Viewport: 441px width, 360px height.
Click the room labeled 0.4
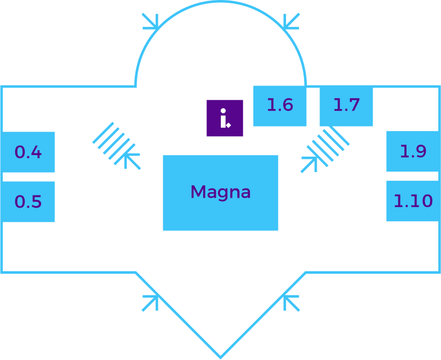[28, 152]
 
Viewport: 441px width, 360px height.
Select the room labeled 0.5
[28, 202]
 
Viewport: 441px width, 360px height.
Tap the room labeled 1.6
[279, 106]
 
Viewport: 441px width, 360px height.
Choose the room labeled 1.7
[346, 106]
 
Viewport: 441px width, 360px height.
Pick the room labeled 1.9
[413, 151]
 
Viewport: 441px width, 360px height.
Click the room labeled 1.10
[413, 201]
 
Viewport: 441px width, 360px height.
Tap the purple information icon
[225, 118]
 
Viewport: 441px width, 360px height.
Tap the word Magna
[220, 192]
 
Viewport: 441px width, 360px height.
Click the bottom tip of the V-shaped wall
[220, 357]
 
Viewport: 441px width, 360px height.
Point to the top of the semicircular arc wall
[220, 2]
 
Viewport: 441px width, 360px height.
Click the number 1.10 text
[413, 201]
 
